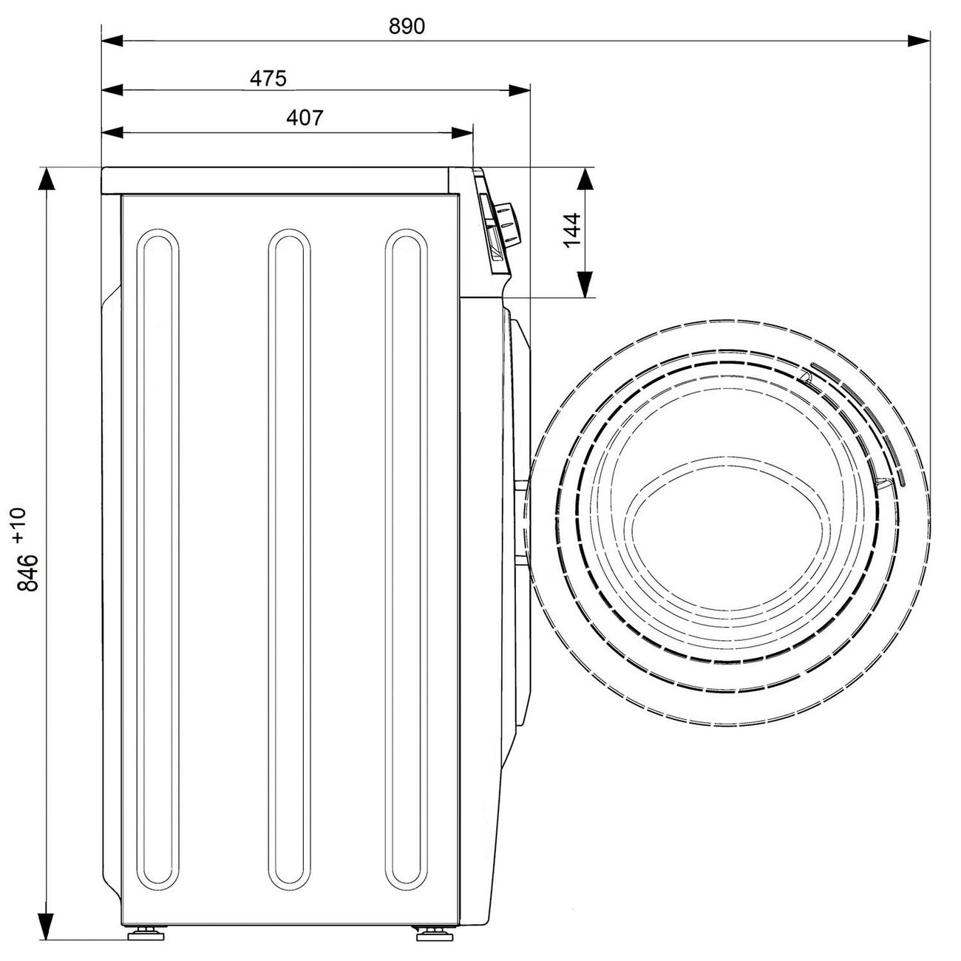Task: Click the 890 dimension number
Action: [x=407, y=26]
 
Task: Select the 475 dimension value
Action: [x=268, y=78]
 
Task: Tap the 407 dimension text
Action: [x=305, y=118]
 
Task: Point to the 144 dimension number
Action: [x=572, y=230]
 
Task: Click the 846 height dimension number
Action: [x=27, y=572]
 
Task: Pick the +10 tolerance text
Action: [x=19, y=526]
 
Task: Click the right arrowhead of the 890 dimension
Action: [x=919, y=41]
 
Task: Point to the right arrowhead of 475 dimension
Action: [x=519, y=90]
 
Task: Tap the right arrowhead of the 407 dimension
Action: [x=462, y=132]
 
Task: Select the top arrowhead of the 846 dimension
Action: [x=46, y=179]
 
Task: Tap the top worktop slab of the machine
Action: [x=275, y=180]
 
